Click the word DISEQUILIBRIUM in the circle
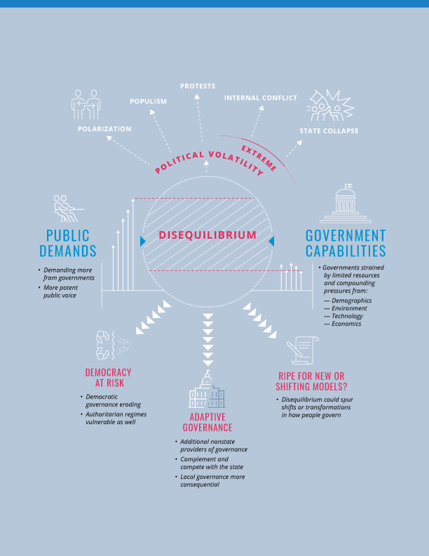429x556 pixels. [207, 234]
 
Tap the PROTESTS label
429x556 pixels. [198, 86]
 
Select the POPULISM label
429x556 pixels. [149, 101]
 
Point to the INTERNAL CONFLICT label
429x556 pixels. [261, 98]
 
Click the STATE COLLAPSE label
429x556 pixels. [329, 131]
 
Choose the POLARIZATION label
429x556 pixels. [104, 128]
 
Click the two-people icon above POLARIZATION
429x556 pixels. [86, 104]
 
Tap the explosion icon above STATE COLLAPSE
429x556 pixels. [330, 105]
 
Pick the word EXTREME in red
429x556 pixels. [259, 158]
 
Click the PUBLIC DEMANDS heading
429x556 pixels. [67, 243]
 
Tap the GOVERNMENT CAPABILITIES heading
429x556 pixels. [346, 243]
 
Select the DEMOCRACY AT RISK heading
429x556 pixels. [109, 378]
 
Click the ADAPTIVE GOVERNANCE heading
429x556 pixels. [207, 423]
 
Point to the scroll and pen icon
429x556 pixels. [302, 350]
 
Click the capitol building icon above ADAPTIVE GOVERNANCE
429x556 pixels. [207, 389]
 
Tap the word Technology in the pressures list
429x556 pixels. [347, 316]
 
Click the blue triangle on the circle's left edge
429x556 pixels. [143, 241]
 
